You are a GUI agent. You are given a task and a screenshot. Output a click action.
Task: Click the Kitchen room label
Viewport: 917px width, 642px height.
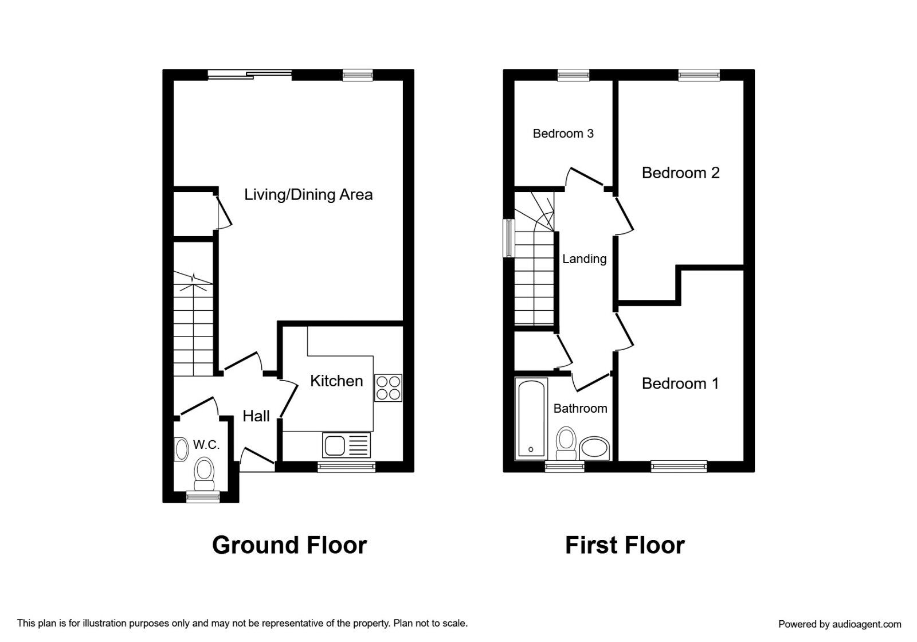coord(336,381)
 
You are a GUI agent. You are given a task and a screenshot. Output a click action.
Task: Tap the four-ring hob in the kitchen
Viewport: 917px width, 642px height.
coord(388,387)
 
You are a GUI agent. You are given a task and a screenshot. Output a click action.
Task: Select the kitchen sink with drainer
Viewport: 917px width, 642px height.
coord(346,445)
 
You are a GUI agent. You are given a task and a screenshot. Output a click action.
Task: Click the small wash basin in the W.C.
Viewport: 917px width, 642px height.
coord(181,449)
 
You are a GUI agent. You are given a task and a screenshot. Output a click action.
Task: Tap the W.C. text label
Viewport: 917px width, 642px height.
coord(206,445)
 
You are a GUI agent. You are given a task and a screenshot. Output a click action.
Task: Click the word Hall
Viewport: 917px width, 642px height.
coord(256,416)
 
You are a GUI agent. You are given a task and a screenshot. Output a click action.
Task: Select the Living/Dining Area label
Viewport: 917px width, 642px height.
coord(308,195)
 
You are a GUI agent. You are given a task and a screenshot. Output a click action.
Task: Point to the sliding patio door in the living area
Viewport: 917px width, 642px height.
coord(250,75)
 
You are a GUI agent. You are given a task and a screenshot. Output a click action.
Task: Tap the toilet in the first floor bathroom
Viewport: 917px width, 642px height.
coord(567,444)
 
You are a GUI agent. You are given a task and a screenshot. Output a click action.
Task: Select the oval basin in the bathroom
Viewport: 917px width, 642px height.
coord(594,448)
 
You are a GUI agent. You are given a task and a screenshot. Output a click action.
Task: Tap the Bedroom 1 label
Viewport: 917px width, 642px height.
coord(680,383)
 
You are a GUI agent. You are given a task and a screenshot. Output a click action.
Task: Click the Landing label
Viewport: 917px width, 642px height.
coord(584,259)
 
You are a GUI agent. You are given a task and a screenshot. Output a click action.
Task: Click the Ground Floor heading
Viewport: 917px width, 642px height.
coord(289,545)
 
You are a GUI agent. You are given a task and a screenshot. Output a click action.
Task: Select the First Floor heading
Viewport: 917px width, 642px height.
coord(625,545)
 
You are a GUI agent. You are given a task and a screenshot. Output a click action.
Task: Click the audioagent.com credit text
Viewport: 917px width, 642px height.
coord(840,624)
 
